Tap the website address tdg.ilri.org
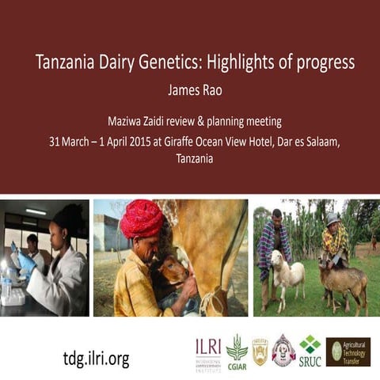96,358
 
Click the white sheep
289,273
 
